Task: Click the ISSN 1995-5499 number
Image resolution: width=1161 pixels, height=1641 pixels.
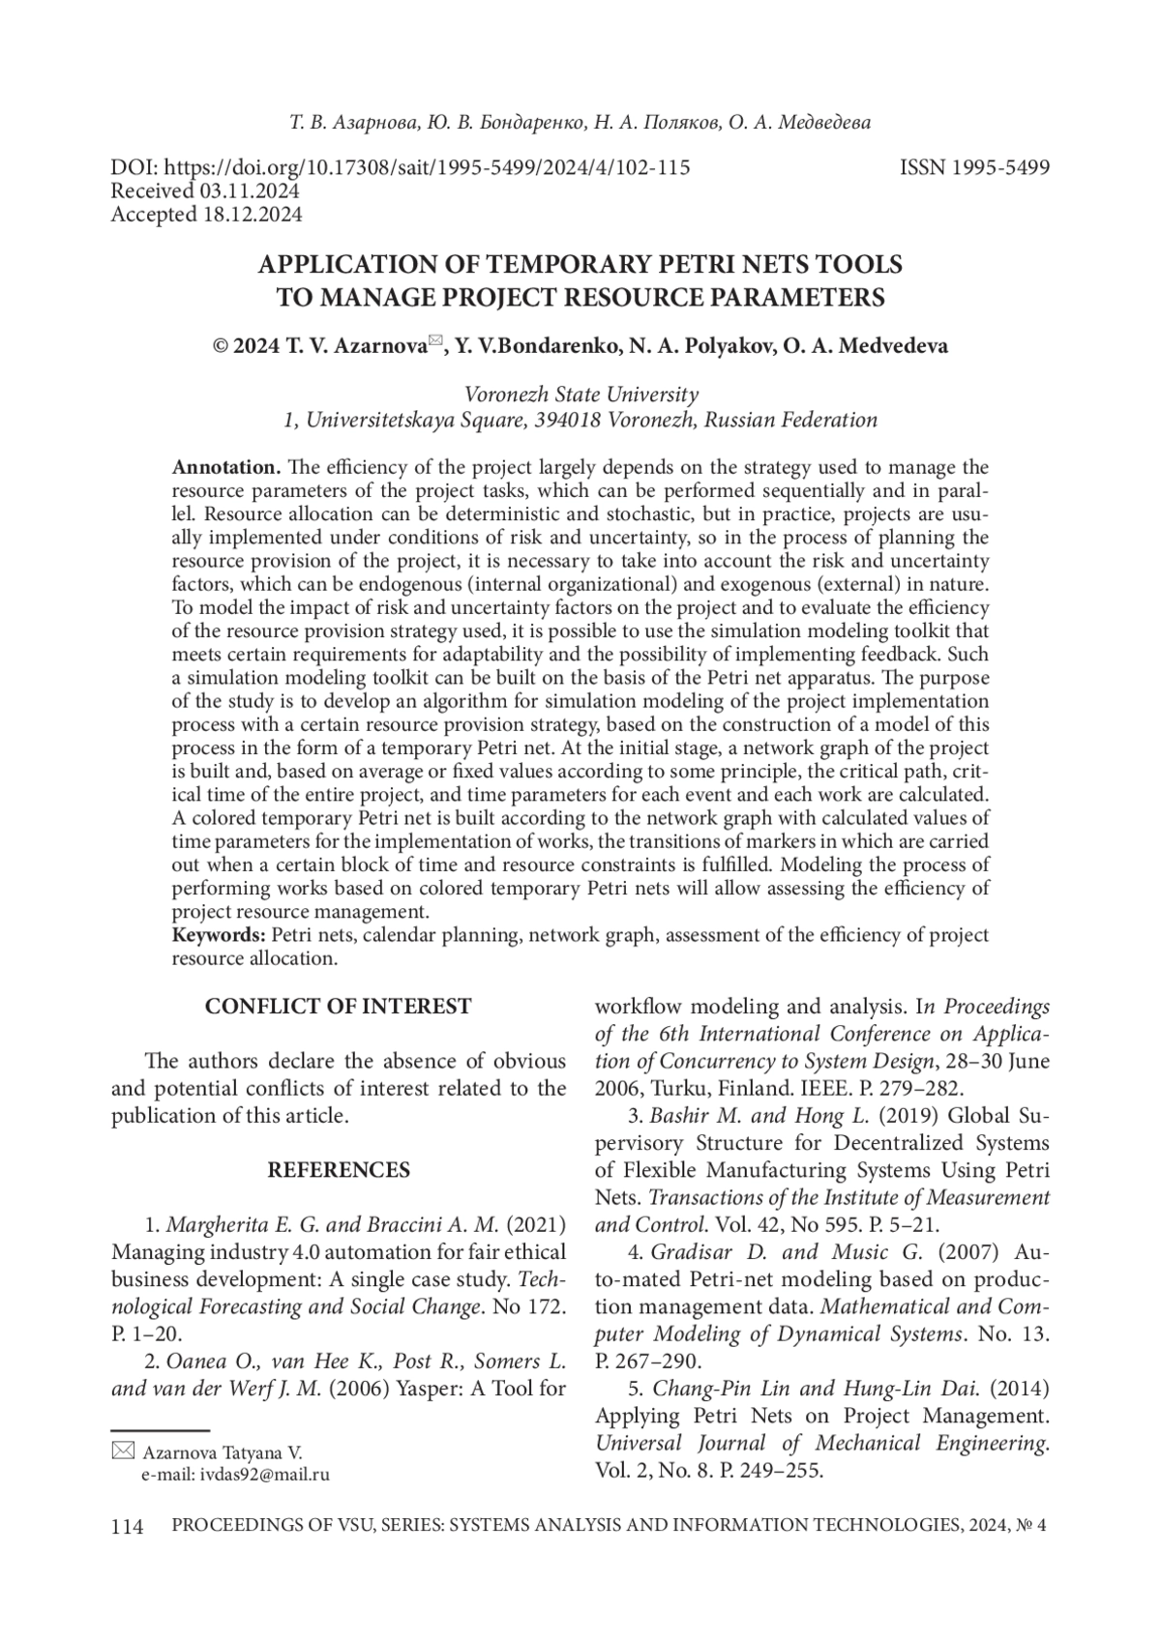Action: (x=974, y=167)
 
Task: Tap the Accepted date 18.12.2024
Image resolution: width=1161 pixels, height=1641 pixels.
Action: (x=254, y=215)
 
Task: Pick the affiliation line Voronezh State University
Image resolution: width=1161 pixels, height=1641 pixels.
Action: (x=581, y=395)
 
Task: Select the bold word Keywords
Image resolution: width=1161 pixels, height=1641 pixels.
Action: (x=219, y=935)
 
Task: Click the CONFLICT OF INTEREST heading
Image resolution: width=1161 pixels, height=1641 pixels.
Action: (x=338, y=1007)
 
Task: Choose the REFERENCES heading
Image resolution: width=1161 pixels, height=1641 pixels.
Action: (x=338, y=1170)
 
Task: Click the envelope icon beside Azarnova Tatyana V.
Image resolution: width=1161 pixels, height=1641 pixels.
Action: (x=123, y=1451)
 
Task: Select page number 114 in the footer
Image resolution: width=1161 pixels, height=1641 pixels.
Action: (x=127, y=1527)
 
